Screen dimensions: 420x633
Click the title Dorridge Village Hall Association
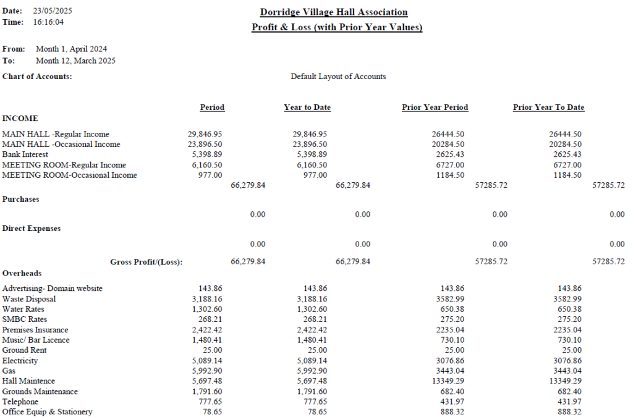tap(334, 12)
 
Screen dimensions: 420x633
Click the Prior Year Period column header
tap(435, 107)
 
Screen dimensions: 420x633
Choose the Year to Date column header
tap(307, 107)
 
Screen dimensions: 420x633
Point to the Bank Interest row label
tap(25, 154)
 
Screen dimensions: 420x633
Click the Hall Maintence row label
tap(28, 381)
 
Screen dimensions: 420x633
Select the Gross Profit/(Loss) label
tap(146, 262)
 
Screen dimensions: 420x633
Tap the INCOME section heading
tap(20, 118)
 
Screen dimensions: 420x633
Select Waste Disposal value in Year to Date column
tap(312, 299)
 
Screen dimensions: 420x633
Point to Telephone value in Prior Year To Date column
tap(569, 401)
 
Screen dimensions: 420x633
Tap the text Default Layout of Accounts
tap(338, 77)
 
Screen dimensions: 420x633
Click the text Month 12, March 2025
tap(75, 61)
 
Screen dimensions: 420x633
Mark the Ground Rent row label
tap(24, 350)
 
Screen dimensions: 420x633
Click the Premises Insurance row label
tap(35, 330)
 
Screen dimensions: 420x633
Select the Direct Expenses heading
tap(32, 229)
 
